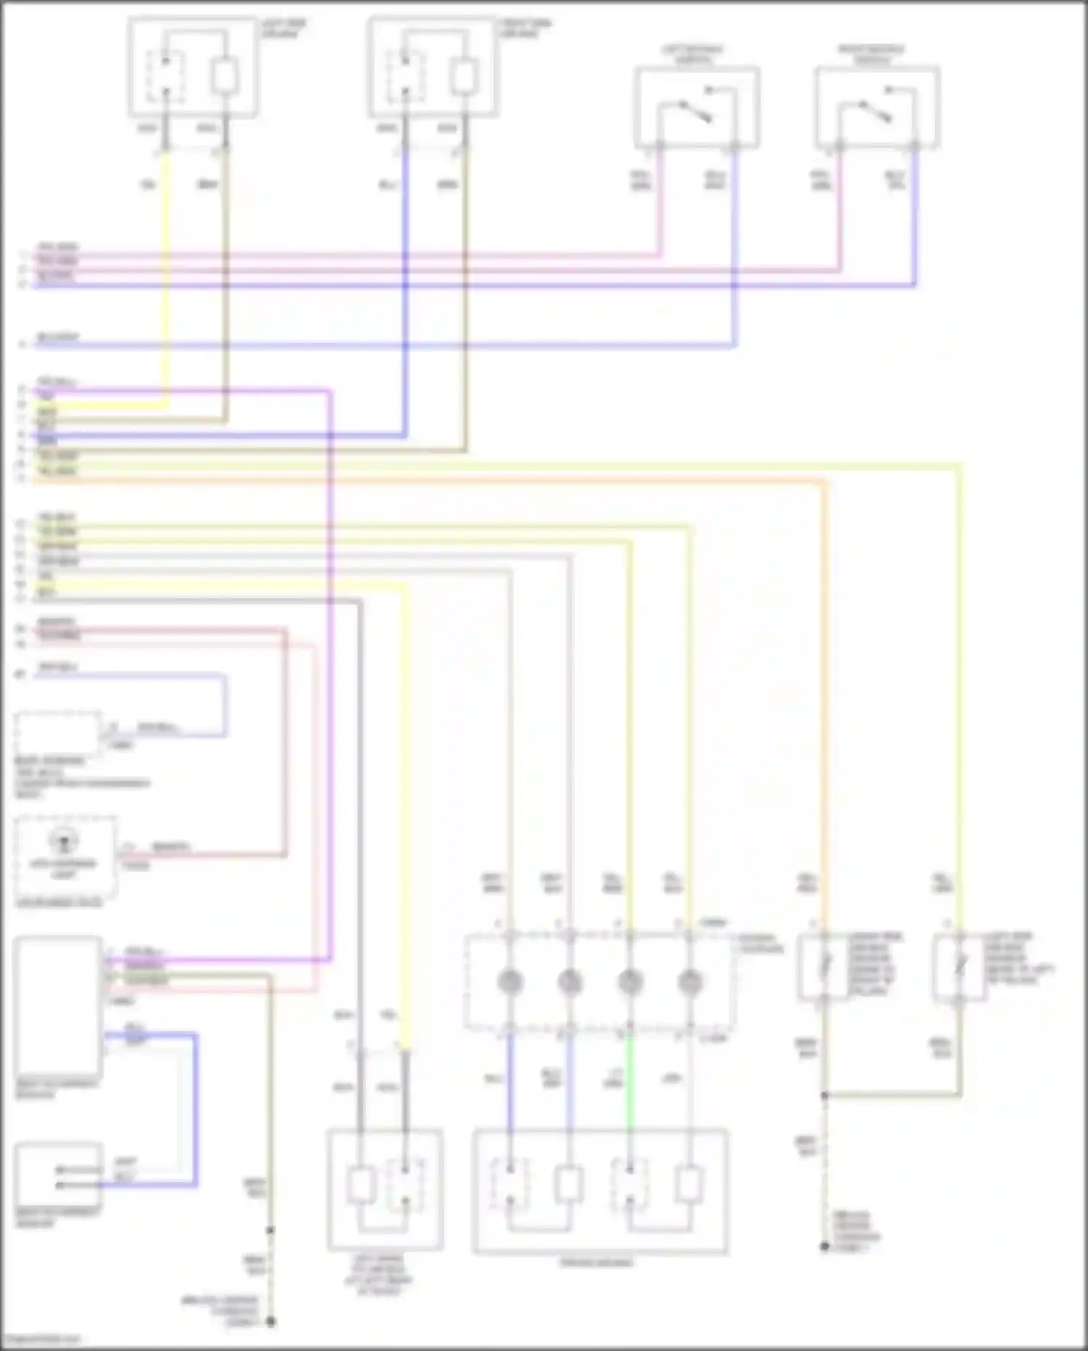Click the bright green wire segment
[629, 1082]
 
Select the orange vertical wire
[825, 690]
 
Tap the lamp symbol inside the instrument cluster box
[63, 842]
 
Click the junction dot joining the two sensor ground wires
[825, 1095]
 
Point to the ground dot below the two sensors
[825, 1246]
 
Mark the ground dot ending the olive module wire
[270, 1321]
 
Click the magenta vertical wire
[331, 690]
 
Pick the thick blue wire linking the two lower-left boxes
[195, 1111]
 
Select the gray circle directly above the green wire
[629, 982]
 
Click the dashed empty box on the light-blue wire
[58, 733]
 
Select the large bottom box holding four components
[600, 1191]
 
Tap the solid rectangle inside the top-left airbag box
[224, 76]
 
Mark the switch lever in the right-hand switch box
[875, 112]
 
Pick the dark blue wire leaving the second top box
[405, 290]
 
